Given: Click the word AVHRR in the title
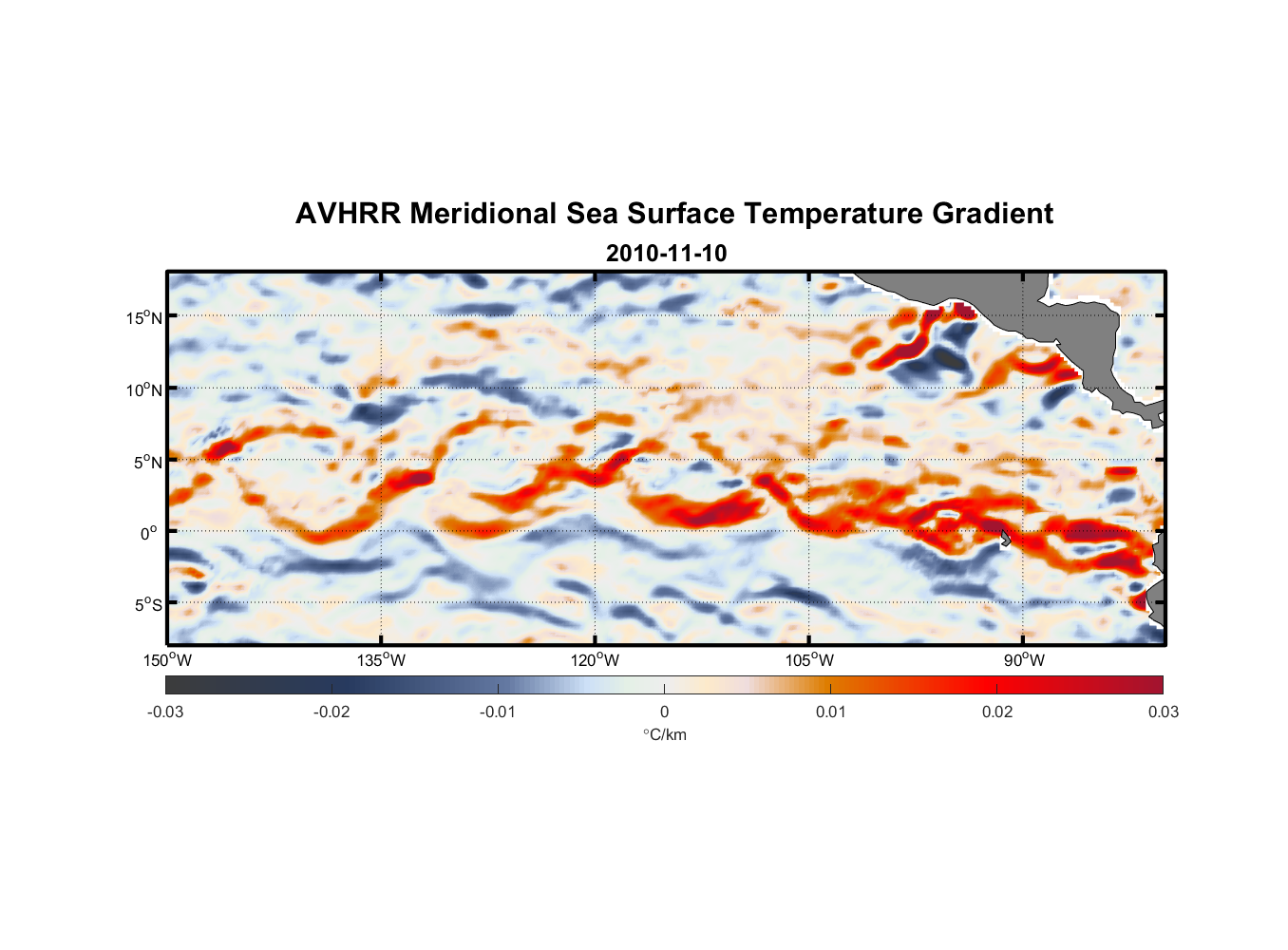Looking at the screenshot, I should tap(347, 214).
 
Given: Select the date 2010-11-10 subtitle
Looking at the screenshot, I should tap(666, 254).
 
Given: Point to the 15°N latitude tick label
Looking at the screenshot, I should tap(144, 317).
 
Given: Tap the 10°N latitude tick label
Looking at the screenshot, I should tap(144, 389).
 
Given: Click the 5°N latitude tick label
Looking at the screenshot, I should tap(147, 462).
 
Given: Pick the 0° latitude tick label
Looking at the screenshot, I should tap(149, 533).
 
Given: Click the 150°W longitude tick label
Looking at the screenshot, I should tap(167, 661).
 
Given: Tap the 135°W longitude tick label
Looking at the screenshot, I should tap(381, 661).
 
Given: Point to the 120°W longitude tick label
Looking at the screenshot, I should tap(595, 661).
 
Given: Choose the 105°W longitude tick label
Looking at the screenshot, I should tap(809, 661).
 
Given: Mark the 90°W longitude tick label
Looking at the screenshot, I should tap(1023, 661).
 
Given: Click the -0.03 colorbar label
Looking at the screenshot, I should tap(165, 712).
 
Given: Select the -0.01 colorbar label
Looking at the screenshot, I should tap(498, 712).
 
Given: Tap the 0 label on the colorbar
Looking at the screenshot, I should tap(664, 712).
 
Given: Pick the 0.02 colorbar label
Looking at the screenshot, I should tap(997, 712).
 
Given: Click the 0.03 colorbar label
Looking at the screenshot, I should tap(1163, 712).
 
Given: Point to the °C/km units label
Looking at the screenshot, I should tap(665, 735).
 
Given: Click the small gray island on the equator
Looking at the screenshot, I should tap(1005, 539).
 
